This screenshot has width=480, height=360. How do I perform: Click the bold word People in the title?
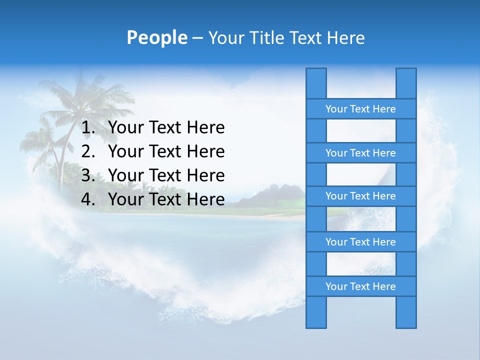pos(156,37)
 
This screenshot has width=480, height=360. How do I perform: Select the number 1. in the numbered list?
pos(88,128)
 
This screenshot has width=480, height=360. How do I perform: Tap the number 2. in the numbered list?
pos(88,151)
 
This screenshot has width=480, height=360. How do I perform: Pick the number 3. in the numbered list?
pos(88,175)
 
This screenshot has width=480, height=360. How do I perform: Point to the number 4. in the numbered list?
pos(88,199)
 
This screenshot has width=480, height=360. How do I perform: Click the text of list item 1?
pos(166,128)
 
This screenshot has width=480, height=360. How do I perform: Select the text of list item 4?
pos(166,199)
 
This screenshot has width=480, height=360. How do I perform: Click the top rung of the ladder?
pos(360,109)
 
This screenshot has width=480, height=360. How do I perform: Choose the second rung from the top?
pos(360,153)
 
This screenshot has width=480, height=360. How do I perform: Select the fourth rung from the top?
pos(360,242)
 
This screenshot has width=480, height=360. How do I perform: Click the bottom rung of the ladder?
pos(360,286)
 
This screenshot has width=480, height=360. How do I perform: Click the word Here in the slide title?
pos(345,37)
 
